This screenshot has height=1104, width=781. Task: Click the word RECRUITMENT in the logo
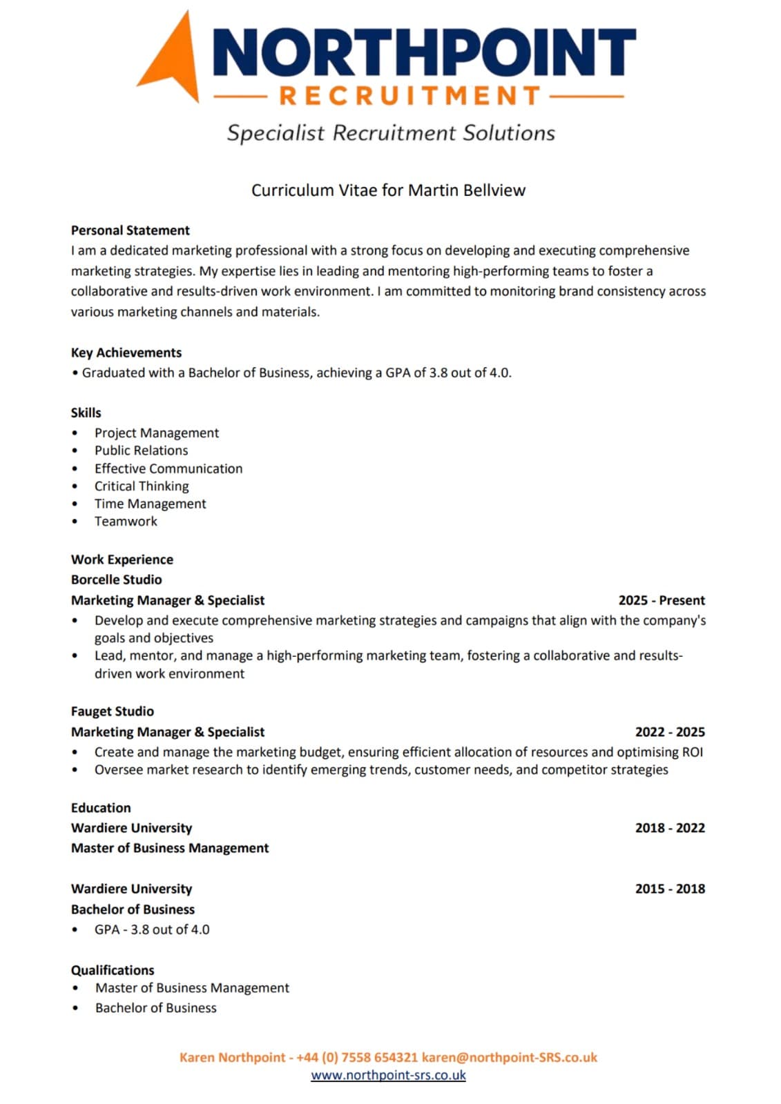point(410,97)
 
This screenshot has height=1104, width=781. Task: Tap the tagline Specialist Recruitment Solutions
point(391,132)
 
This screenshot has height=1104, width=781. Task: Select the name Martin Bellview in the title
point(467,190)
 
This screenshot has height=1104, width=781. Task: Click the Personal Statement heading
point(130,230)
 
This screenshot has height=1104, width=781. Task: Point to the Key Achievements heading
point(126,353)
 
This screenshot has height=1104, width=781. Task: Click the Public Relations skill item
point(141,451)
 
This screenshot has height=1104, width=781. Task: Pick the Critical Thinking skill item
point(142,486)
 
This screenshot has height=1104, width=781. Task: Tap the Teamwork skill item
point(126,522)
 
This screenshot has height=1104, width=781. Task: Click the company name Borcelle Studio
point(116,580)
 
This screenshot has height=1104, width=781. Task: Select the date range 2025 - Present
point(662,600)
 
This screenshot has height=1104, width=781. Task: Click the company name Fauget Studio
point(112,711)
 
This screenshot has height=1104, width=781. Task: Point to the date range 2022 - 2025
point(670,732)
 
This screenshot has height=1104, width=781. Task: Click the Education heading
point(101,808)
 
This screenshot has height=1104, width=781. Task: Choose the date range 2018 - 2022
point(670,828)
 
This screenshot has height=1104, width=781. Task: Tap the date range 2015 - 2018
point(670,889)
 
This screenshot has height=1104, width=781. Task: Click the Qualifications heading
point(113,970)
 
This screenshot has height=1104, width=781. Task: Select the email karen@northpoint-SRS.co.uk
point(509,1057)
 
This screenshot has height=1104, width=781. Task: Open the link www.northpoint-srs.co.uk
point(388,1075)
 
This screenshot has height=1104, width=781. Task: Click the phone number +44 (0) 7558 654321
point(356,1057)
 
